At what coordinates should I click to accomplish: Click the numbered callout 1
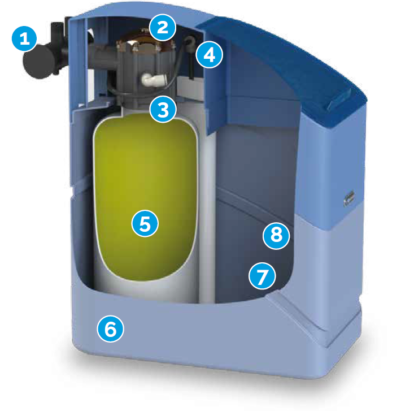(24, 38)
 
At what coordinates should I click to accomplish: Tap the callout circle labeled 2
(162, 27)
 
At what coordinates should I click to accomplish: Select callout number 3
(163, 109)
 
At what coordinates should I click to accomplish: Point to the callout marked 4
(209, 55)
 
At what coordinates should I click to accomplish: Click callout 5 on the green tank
(145, 223)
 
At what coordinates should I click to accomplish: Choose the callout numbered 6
(110, 329)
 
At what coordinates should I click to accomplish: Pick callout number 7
(262, 276)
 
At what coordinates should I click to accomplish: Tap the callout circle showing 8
(276, 236)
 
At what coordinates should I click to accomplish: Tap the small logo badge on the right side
(349, 198)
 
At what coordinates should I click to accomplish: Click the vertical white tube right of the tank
(207, 211)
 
